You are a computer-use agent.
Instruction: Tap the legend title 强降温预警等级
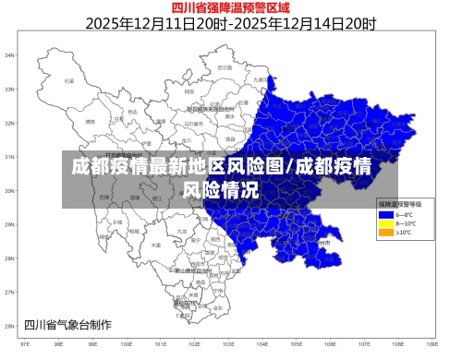coord(399,203)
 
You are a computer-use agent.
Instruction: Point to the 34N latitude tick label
coord(10,55)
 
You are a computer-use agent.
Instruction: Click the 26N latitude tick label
coord(10,326)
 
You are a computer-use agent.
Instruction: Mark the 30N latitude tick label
coord(10,191)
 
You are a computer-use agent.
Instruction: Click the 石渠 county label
coord(67,80)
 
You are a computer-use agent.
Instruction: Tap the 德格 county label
coord(90,121)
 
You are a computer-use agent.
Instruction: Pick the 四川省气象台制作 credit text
coord(67,324)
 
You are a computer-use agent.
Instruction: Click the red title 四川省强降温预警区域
coord(231,8)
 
